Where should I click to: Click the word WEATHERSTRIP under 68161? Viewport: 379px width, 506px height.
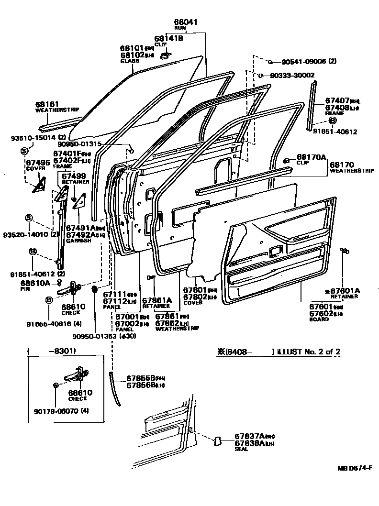(x=57, y=110)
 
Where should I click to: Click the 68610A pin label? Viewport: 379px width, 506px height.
(x=35, y=284)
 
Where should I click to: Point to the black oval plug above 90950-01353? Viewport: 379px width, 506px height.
(x=94, y=290)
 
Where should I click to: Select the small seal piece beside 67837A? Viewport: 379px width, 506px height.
(x=216, y=440)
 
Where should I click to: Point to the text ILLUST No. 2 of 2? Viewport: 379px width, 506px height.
(x=309, y=352)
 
